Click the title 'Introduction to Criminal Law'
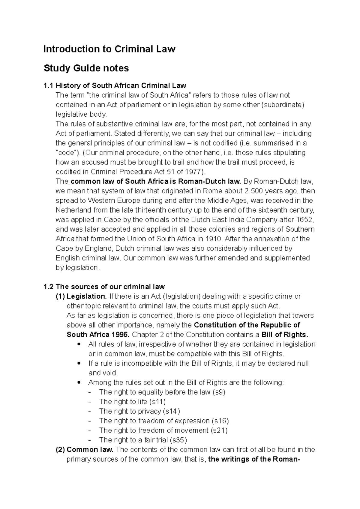pos(109,49)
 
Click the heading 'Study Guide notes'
pos(86,68)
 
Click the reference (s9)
pos(219,392)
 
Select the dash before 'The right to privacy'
pos(90,412)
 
